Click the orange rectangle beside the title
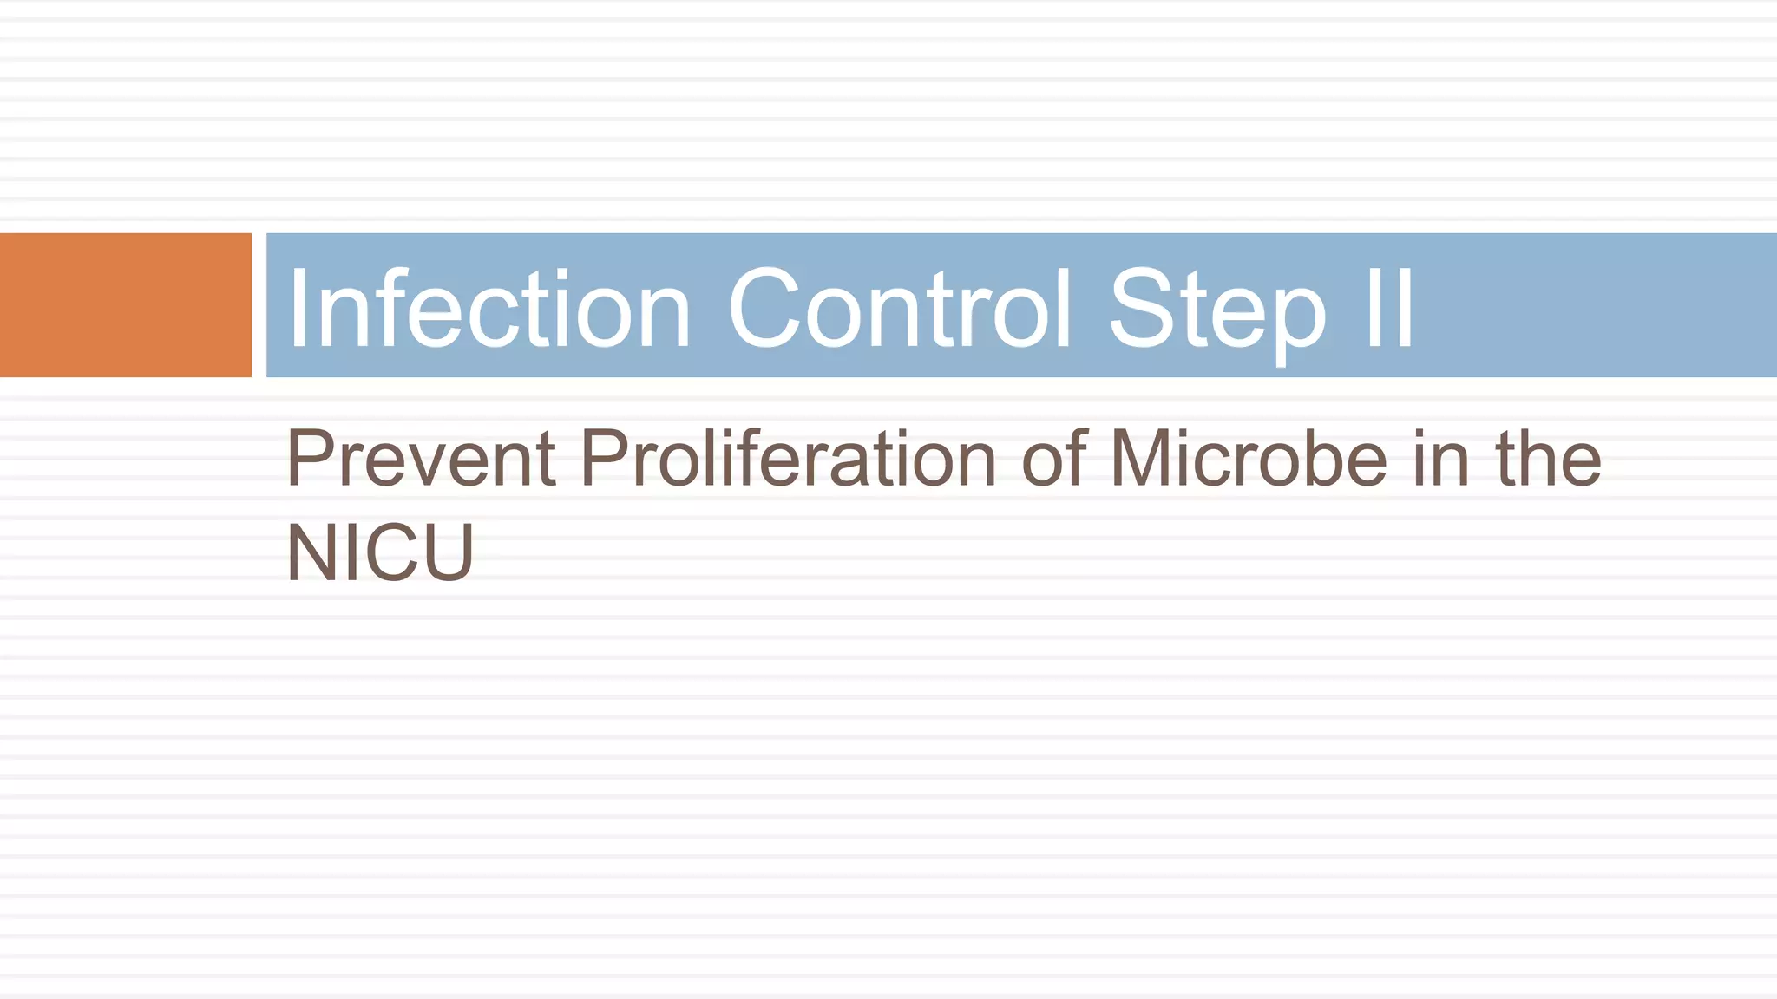click(x=125, y=305)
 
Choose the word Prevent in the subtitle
click(x=421, y=459)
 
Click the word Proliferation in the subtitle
click(x=788, y=459)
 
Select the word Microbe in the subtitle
click(x=1249, y=459)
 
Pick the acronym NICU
click(x=380, y=552)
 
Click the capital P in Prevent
click(x=309, y=459)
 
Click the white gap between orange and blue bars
click(x=259, y=305)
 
